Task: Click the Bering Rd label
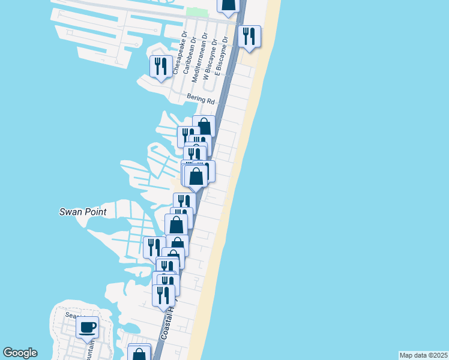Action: (200, 100)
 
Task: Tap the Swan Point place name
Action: (83, 212)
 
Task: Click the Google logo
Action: (20, 353)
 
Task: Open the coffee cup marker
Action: (88, 328)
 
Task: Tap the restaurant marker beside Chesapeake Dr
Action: (160, 67)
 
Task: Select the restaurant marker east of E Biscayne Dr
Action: (249, 37)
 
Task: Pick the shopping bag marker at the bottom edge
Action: (139, 353)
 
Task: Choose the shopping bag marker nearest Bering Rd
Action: (204, 127)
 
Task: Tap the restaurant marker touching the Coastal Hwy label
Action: (163, 295)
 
